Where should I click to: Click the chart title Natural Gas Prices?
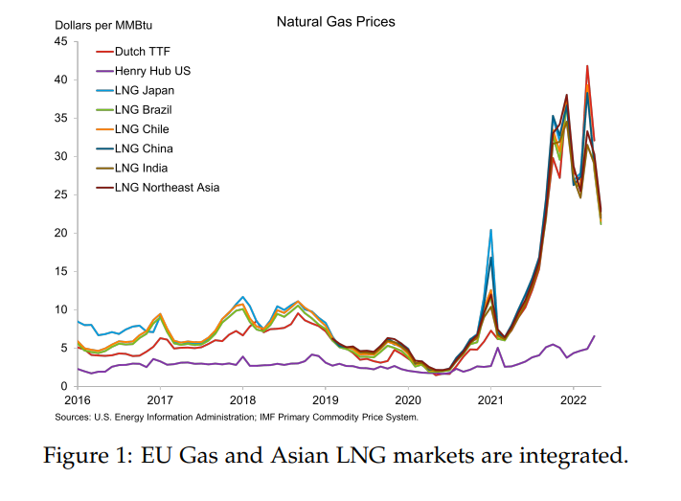[335, 21]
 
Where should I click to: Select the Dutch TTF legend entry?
[142, 52]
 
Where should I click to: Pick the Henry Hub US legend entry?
[152, 71]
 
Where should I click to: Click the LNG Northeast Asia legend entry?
[167, 187]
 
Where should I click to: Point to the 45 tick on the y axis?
[60, 42]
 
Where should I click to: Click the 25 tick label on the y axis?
[60, 195]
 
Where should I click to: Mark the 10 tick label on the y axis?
[60, 310]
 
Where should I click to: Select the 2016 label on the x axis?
[77, 399]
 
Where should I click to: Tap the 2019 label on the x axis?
[325, 399]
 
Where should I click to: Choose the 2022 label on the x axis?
[573, 399]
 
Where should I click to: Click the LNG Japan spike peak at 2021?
[490, 230]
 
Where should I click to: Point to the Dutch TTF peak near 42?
[587, 66]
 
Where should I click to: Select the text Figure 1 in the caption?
[86, 456]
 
